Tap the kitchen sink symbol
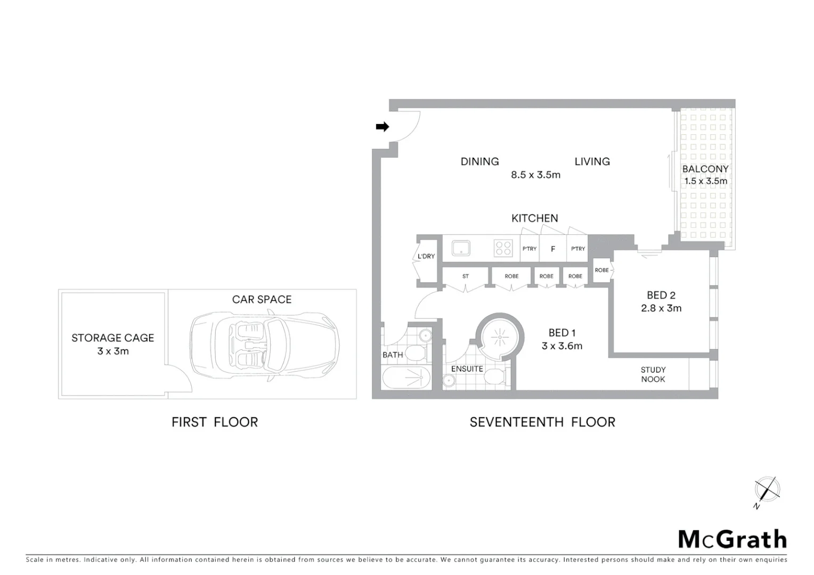[x=461, y=249]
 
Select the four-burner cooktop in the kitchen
[x=503, y=249]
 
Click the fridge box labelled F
[x=553, y=249]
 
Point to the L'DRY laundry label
[x=426, y=256]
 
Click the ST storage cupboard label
[x=466, y=276]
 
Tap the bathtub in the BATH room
[x=406, y=379]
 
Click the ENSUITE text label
[x=467, y=368]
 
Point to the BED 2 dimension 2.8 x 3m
[x=661, y=308]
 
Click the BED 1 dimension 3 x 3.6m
[x=562, y=346]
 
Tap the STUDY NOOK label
[x=653, y=374]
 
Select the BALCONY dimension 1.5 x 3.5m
[x=706, y=181]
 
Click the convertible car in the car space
[x=265, y=345]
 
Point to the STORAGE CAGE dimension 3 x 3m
[x=113, y=351]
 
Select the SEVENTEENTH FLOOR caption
[x=542, y=422]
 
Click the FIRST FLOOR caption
[x=215, y=422]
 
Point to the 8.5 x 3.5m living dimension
[x=535, y=175]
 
